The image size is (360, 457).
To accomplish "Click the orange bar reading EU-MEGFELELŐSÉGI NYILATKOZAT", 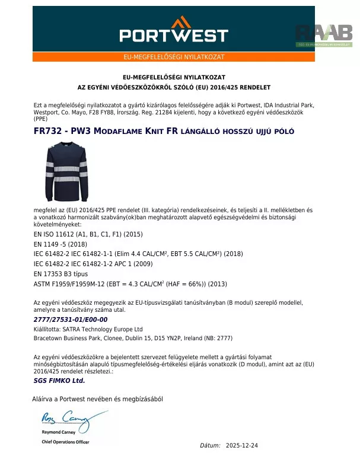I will click(173, 57).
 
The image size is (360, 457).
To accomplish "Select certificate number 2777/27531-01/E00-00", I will click(71, 319).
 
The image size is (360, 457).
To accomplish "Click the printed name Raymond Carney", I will click(58, 434).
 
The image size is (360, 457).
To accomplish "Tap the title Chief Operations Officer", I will click(65, 442).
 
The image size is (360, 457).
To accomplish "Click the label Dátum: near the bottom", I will click(210, 445).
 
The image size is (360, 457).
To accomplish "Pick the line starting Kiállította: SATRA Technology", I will click(88, 329).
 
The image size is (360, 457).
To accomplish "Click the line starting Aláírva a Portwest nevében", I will click(97, 399).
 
